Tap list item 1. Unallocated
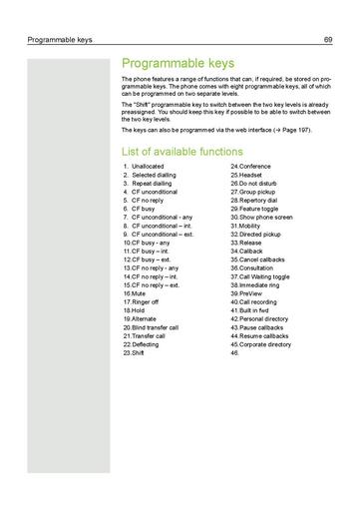click(145, 167)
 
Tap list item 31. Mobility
click(246, 226)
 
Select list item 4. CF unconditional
click(151, 192)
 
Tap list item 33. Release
click(246, 243)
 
